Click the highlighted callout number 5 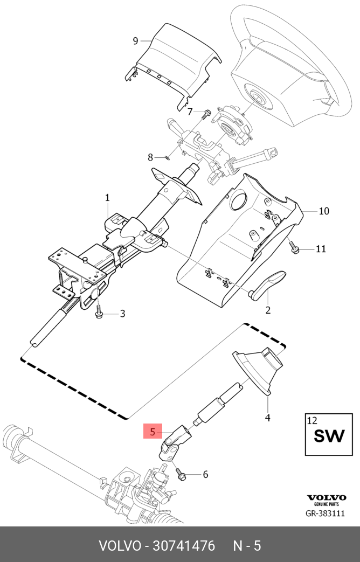[x=153, y=432]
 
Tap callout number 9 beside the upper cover [x=136, y=40]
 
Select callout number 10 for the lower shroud [x=323, y=211]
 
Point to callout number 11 [x=321, y=249]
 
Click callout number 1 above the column [x=107, y=198]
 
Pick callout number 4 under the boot [x=267, y=418]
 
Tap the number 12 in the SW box [x=312, y=420]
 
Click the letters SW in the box [x=329, y=435]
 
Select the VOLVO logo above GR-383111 [x=326, y=497]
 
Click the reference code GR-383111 [x=325, y=514]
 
